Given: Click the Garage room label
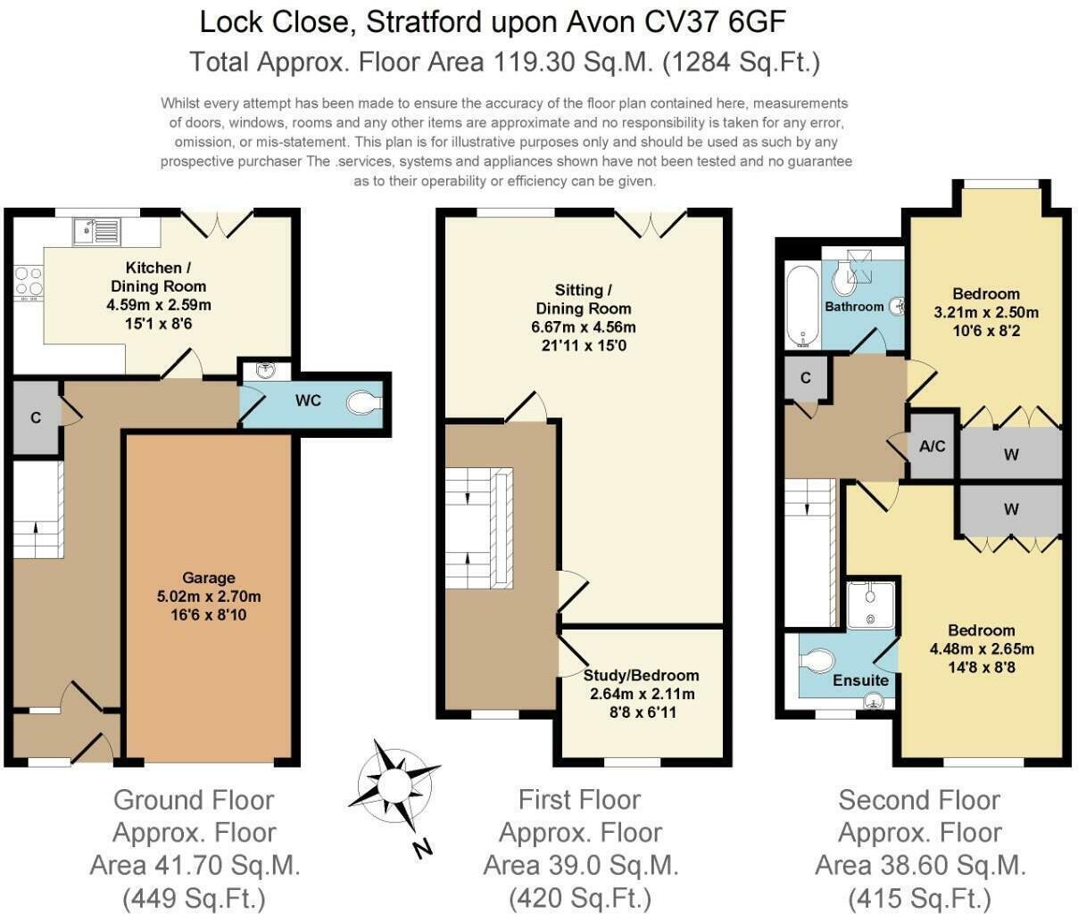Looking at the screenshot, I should tap(209, 578).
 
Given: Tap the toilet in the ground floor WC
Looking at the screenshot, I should tap(364, 403).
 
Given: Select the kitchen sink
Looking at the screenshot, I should tap(96, 231).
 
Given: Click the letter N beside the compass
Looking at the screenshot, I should tap(423, 847).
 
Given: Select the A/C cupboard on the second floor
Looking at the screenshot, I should tap(933, 446).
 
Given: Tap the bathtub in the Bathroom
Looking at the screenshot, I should tap(802, 306).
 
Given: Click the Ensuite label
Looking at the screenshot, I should tap(860, 680).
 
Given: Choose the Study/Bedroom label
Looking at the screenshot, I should tap(641, 675).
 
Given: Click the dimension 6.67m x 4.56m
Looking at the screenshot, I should tap(583, 327).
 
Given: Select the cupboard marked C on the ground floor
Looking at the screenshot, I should tap(36, 417).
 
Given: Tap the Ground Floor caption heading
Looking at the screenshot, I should tap(194, 800).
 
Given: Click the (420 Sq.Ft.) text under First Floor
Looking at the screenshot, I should tap(580, 896).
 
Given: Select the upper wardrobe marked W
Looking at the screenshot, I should tap(1010, 455).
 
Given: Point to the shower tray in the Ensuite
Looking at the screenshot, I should tap(870, 605).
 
